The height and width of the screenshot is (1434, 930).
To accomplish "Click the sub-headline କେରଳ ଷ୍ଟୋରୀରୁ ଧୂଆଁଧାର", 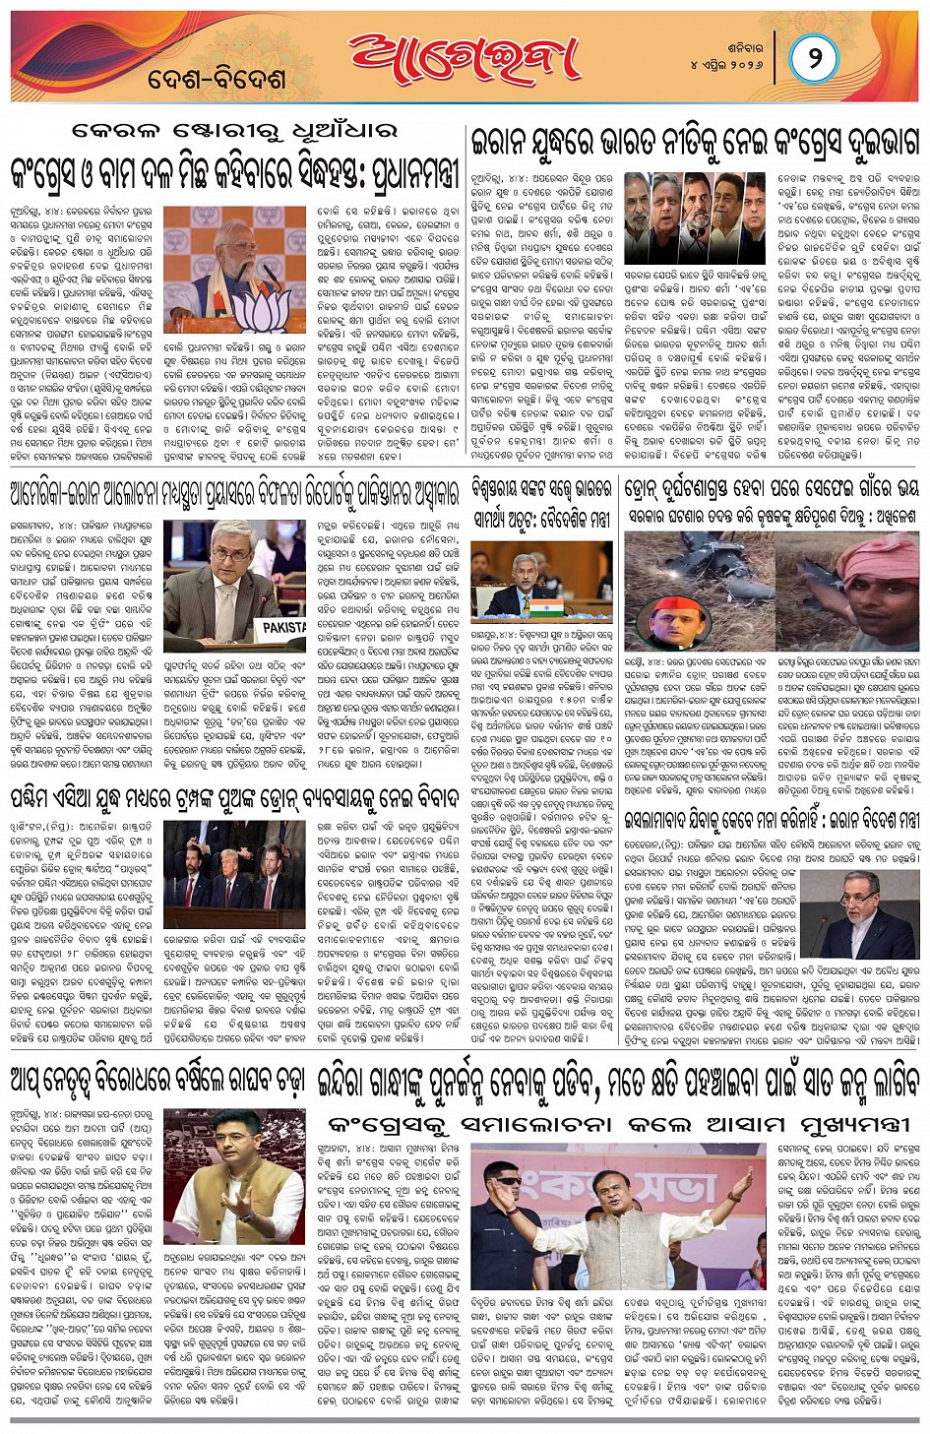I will pyautogui.click(x=235, y=131).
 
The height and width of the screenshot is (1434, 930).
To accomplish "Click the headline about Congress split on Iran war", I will pyautogui.click(x=695, y=143).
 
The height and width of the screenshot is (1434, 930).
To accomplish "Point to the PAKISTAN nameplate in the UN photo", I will pyautogui.click(x=285, y=626).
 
